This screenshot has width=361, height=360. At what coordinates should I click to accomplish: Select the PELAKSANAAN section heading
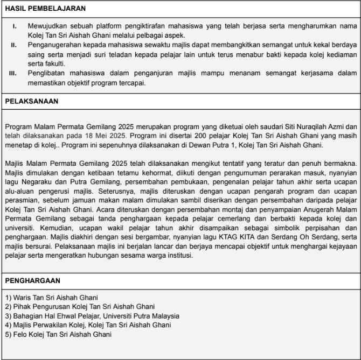tap(32, 101)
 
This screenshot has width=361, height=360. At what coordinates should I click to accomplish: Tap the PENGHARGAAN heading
tap(32, 280)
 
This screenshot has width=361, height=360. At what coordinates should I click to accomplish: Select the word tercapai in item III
tap(130, 82)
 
